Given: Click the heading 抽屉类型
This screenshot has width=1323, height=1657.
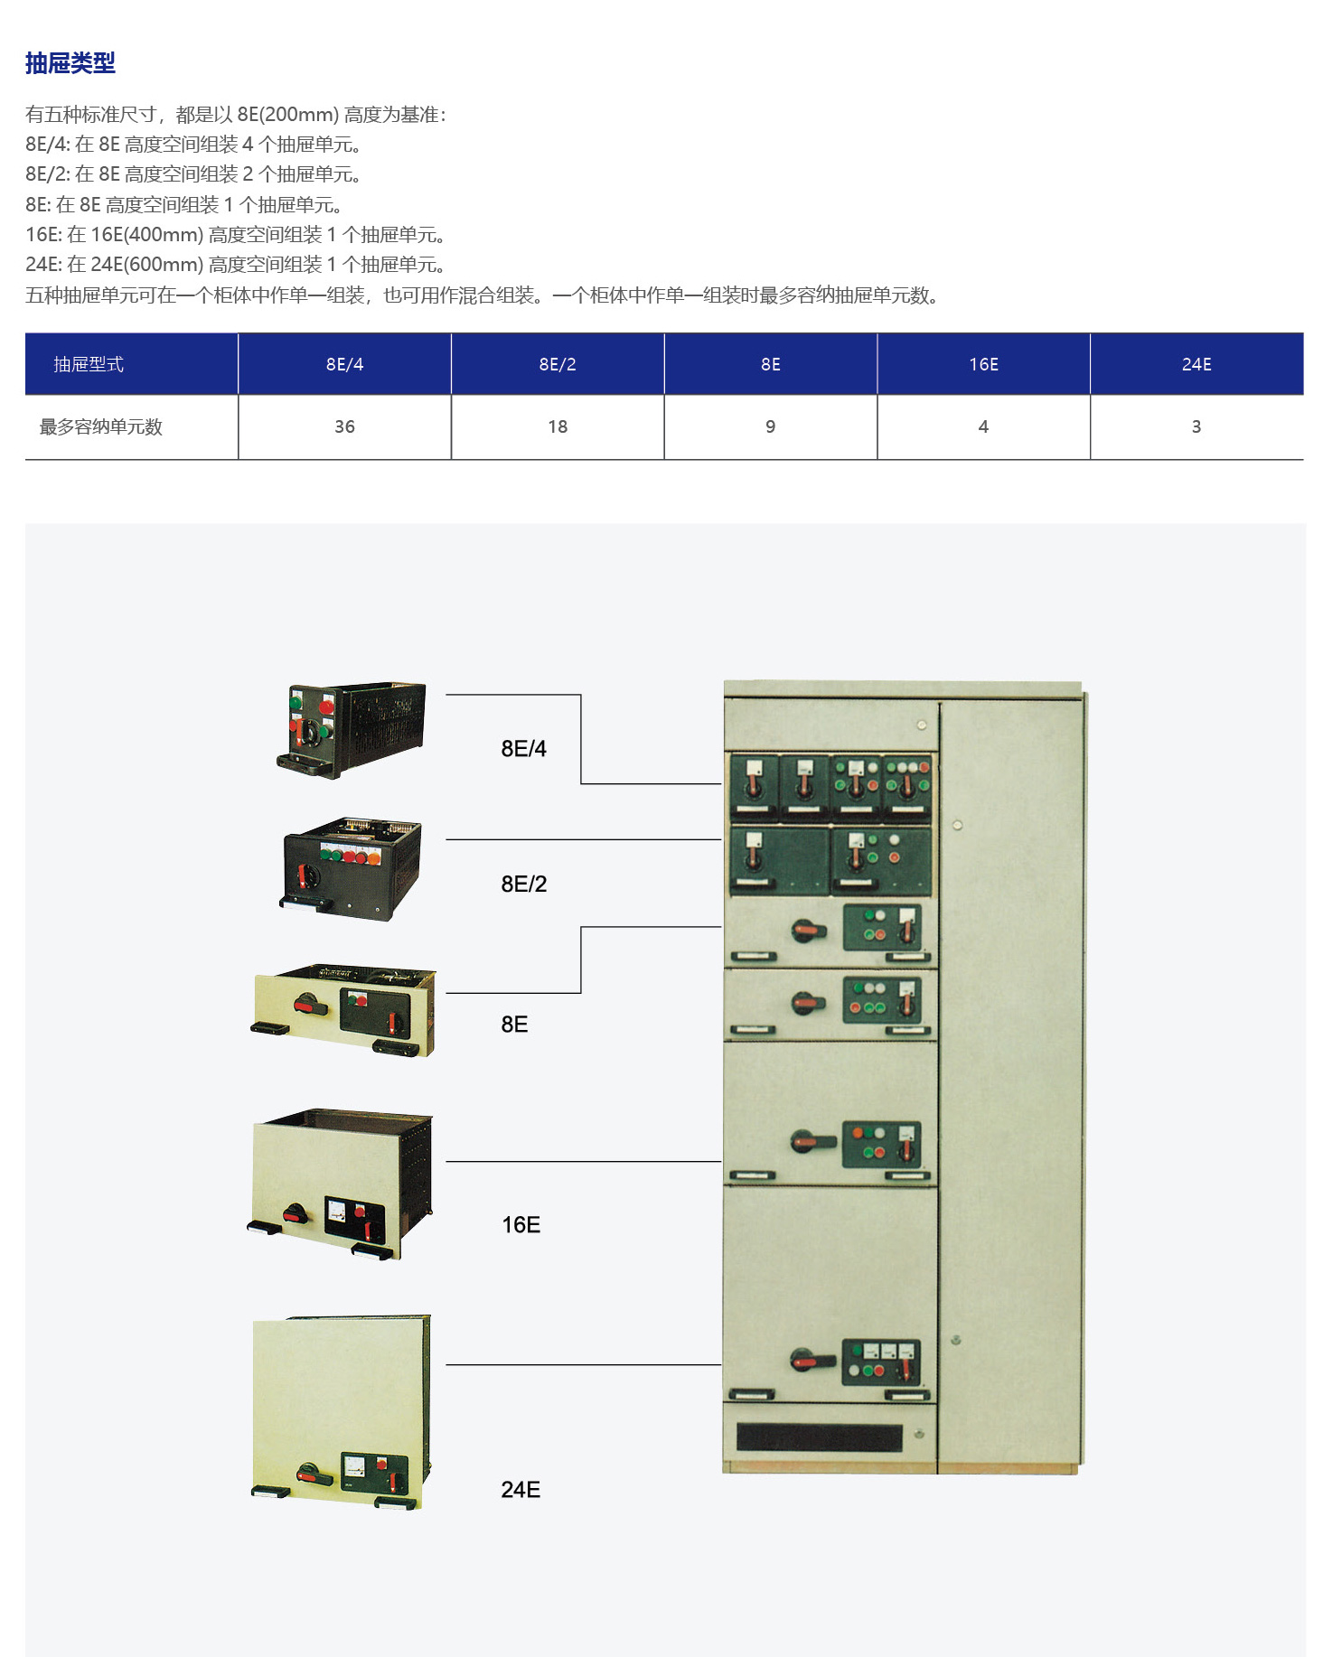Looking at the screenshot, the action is coord(70,63).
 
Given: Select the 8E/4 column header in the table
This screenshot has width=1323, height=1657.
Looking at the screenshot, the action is coord(344,364).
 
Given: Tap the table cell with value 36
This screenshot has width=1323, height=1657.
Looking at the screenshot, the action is coord(344,426).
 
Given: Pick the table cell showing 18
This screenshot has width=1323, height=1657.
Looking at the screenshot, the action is coord(558,426).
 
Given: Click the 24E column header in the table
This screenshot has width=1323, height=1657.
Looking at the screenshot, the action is coord(1196,364).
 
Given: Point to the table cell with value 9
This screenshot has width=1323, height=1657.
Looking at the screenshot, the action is coord(771,426).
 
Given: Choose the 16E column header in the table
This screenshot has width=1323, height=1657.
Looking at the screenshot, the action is coord(983,364).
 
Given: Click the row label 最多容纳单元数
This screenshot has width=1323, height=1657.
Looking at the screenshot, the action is coord(100,426).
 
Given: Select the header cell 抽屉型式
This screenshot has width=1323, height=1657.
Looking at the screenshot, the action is coord(89,364).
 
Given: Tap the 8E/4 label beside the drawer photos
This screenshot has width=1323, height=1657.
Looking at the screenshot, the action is coord(523,748).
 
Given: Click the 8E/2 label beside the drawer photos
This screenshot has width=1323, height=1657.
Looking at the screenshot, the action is coord(523,884).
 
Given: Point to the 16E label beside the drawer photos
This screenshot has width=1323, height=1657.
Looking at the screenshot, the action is coord(521,1224).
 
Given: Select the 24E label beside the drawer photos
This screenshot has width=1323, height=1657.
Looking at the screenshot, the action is coord(521,1489).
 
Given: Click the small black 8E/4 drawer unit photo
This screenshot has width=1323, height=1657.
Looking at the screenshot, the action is coord(352,729).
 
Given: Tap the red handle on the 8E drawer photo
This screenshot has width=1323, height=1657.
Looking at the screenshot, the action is coord(309,1006).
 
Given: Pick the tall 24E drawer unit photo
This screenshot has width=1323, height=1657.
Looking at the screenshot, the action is coord(341,1412).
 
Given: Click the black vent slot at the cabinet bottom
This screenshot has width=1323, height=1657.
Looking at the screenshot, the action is coord(819,1437).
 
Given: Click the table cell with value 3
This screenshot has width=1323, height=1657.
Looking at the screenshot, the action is coord(1196,426).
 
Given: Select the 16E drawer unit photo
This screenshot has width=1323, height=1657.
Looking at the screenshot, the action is coord(340,1184).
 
